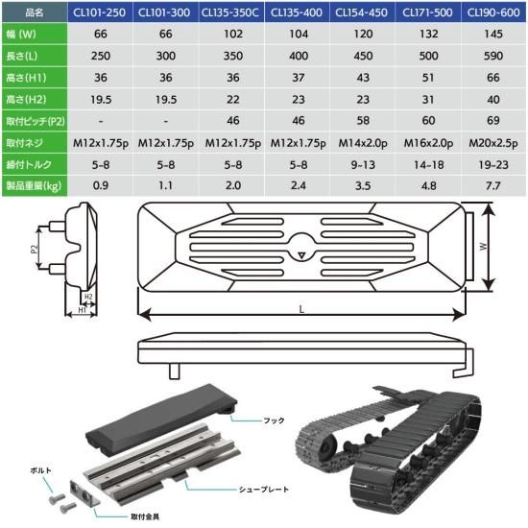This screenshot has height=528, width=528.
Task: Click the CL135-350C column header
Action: click(x=230, y=12)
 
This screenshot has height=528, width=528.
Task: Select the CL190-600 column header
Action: click(x=493, y=12)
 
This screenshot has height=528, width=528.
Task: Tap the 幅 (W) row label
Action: click(x=21, y=34)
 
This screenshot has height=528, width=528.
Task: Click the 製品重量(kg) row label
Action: click(x=34, y=185)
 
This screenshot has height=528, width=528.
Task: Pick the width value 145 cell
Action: click(x=493, y=34)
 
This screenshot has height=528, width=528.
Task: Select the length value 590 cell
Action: click(x=493, y=56)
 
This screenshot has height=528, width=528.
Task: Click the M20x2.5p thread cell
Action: click(x=493, y=143)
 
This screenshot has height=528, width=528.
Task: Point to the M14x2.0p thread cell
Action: click(x=363, y=143)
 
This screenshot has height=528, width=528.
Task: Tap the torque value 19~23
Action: click(x=493, y=165)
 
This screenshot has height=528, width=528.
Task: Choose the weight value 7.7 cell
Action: click(x=493, y=185)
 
